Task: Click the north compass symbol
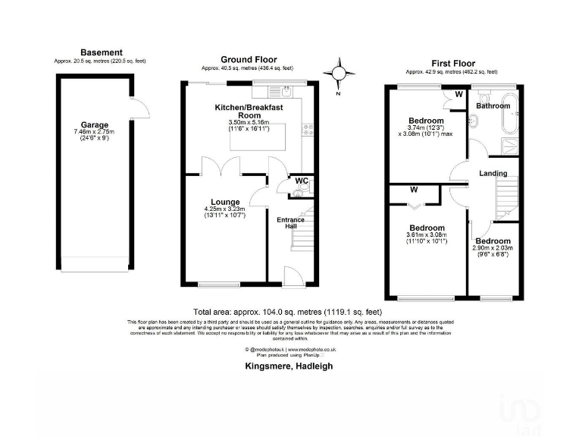click(339, 74)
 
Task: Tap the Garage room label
click(95, 125)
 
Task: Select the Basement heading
click(101, 52)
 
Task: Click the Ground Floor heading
click(249, 59)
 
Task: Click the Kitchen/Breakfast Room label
click(249, 112)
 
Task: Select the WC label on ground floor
click(301, 181)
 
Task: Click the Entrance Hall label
click(290, 222)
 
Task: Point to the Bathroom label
click(493, 106)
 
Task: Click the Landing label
click(493, 173)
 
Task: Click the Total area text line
click(287, 312)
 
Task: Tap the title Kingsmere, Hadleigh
click(289, 366)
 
